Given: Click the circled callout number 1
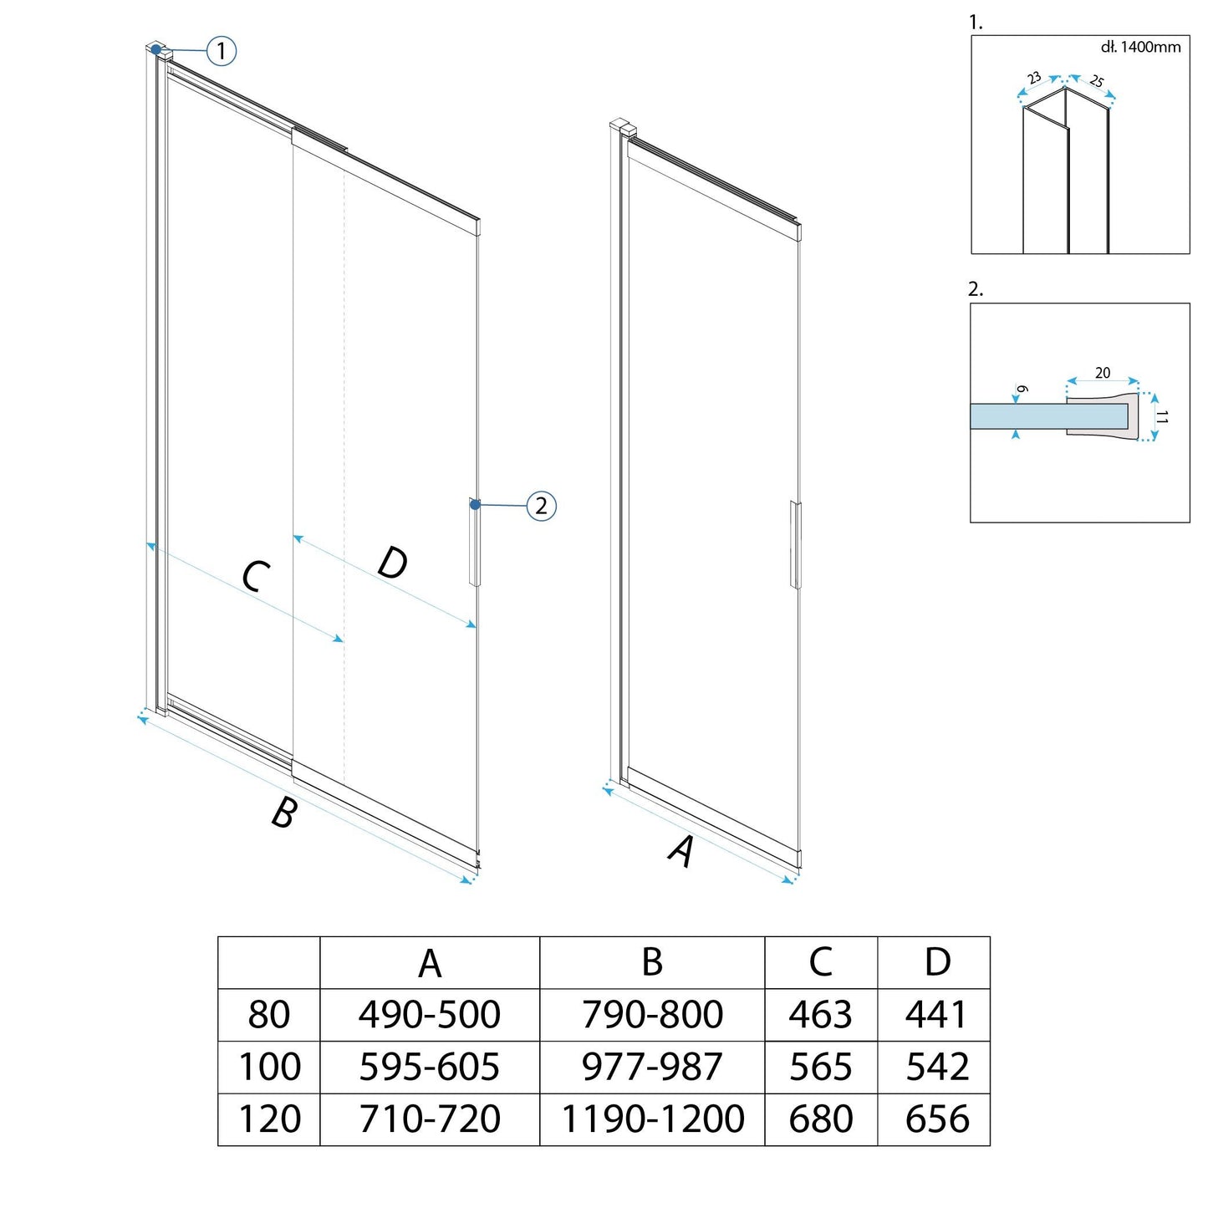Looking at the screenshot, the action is click(222, 50).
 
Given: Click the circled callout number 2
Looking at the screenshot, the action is click(541, 506).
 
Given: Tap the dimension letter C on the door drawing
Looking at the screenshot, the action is click(257, 577).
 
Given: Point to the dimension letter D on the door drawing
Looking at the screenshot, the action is click(393, 563).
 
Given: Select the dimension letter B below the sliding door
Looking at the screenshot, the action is click(284, 813).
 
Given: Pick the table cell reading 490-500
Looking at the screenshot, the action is click(430, 1014).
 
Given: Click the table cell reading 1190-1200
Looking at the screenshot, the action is click(653, 1119).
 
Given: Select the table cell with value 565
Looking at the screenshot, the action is click(821, 1067).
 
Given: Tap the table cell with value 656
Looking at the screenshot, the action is click(938, 1119).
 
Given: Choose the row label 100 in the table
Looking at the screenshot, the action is click(269, 1067).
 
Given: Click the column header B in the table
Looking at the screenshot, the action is click(653, 961).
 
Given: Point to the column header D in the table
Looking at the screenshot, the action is click(938, 961).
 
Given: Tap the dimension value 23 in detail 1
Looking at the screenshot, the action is click(1034, 78).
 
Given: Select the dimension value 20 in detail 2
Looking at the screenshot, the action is click(1103, 372).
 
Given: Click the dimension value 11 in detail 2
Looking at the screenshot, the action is click(1162, 417).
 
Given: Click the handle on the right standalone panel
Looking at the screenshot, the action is click(796, 545).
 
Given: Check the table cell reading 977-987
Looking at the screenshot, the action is click(653, 1067).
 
